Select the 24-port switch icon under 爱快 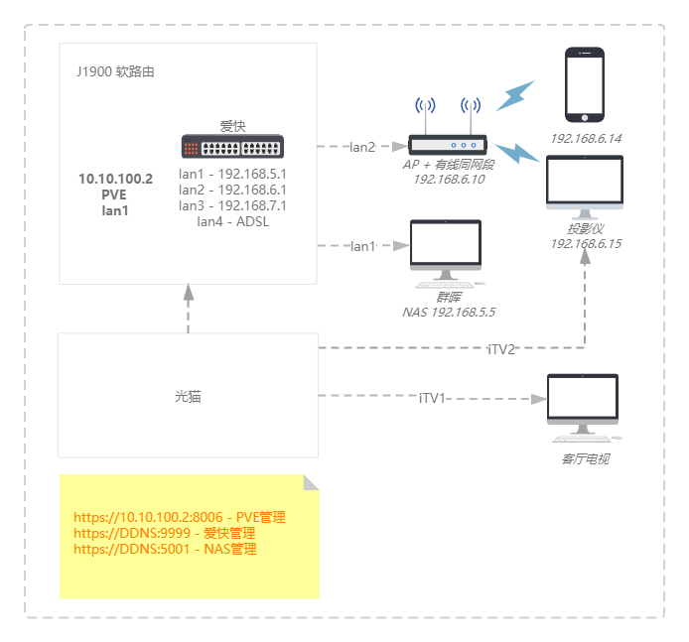[x=232, y=147]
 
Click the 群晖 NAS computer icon [x=445, y=251]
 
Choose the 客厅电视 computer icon [x=583, y=407]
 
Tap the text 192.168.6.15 [x=585, y=244]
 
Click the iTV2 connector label [x=501, y=349]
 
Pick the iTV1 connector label [x=432, y=398]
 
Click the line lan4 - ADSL [x=232, y=221]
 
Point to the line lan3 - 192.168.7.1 [x=232, y=205]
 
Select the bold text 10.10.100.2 [x=115, y=179]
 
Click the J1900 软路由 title [x=115, y=72]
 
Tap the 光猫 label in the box [x=188, y=397]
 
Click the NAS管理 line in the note [x=165, y=549]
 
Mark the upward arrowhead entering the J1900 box [x=188, y=291]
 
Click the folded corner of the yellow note [x=311, y=482]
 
